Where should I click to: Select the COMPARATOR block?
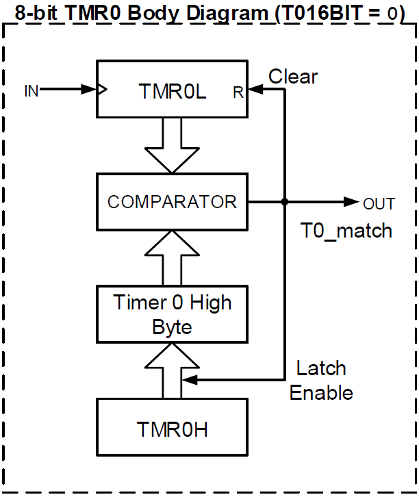(171, 202)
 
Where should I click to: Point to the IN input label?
(31, 90)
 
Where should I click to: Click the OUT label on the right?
(379, 204)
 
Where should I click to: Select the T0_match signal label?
(346, 231)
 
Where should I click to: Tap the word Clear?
(293, 76)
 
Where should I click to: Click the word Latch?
(320, 368)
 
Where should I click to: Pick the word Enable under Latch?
(321, 393)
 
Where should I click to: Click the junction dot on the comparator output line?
(284, 202)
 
